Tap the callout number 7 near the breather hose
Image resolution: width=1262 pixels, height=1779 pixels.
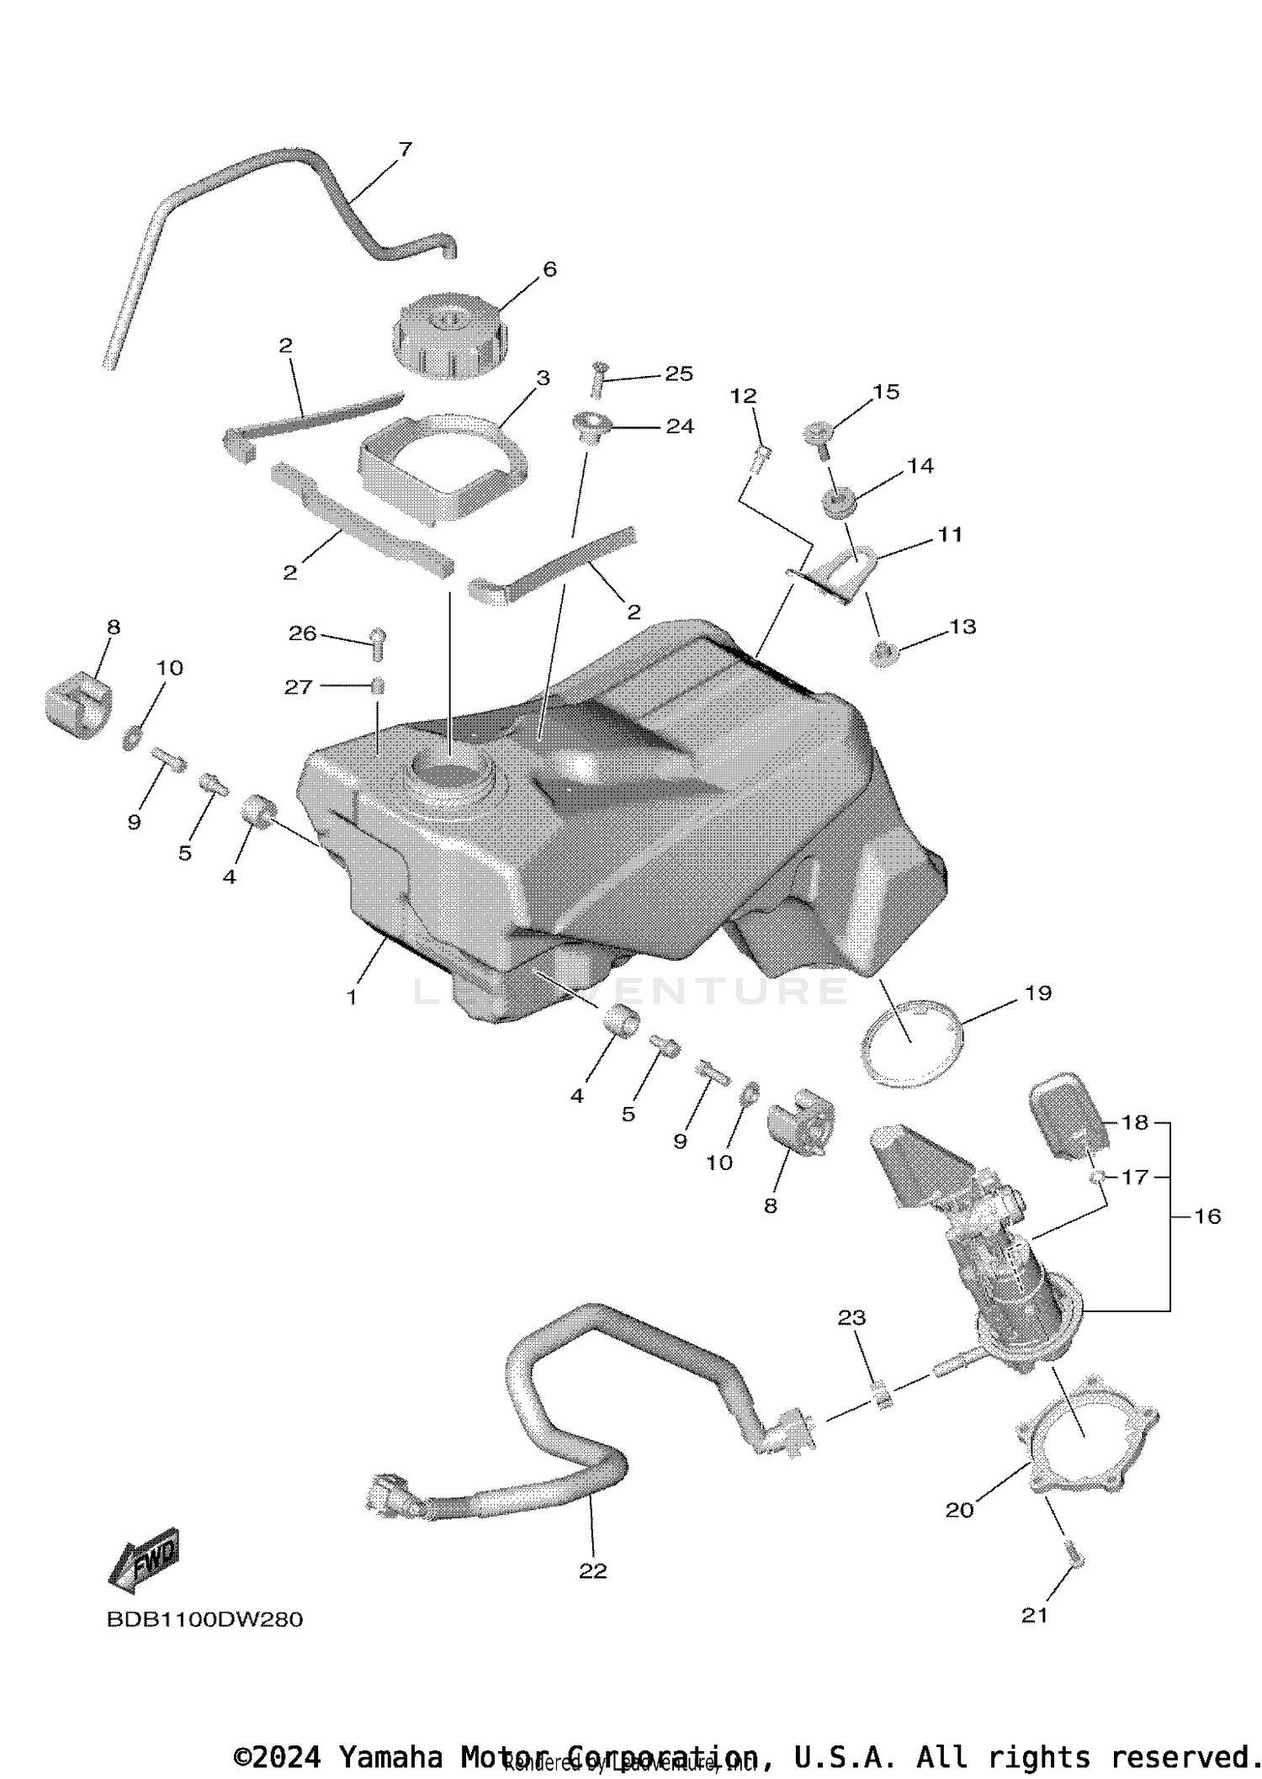(405, 150)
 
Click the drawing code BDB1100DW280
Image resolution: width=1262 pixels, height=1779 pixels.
(204, 1619)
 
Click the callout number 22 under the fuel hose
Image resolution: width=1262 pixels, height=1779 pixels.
(592, 1571)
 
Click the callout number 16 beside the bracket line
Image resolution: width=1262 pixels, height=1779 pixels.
(1207, 1216)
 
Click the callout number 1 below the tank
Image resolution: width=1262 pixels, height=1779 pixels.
(352, 998)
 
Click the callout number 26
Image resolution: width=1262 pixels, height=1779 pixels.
(302, 633)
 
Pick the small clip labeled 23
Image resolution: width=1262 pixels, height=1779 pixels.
(882, 1398)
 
